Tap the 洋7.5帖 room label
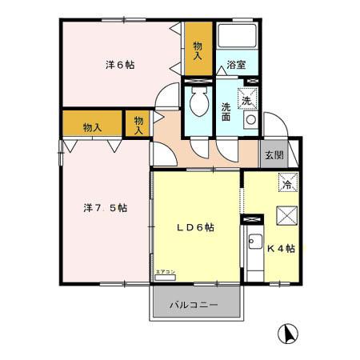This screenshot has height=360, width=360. click(x=105, y=208)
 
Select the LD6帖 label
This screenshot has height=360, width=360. click(x=195, y=228)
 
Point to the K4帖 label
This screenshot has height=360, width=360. click(x=281, y=249)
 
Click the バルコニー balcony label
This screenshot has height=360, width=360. click(x=195, y=305)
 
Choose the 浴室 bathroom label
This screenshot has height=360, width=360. click(x=235, y=65)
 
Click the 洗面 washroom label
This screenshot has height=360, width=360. click(x=227, y=111)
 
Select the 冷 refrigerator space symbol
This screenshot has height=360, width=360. click(x=286, y=183)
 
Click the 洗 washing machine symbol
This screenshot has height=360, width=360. click(x=249, y=99)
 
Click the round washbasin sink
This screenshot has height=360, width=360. click(x=250, y=122)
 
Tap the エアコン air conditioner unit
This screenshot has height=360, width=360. click(x=166, y=276)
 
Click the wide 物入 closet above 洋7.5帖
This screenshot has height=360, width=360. click(x=92, y=126)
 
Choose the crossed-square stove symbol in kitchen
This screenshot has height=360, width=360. click(x=286, y=217)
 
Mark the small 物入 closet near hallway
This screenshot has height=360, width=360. click(x=138, y=123)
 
